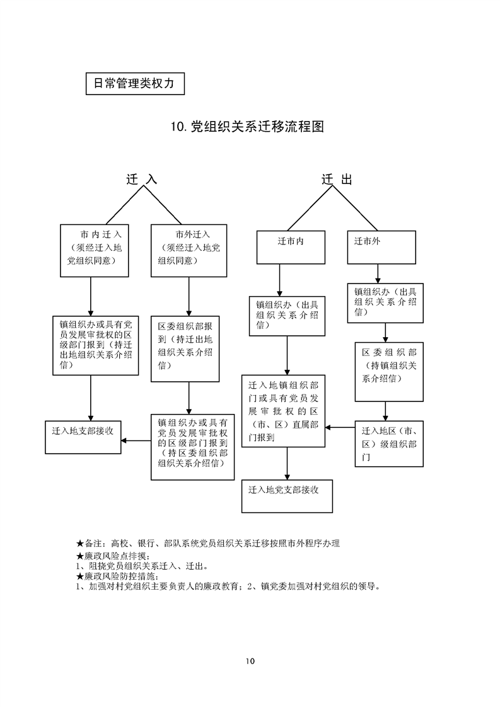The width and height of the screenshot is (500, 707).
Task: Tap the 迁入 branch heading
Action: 141,180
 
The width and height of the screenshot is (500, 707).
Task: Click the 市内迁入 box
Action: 95,250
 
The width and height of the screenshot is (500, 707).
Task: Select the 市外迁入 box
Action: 189,250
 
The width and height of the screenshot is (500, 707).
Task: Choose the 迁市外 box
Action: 382,247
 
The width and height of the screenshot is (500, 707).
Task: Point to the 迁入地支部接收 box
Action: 83,436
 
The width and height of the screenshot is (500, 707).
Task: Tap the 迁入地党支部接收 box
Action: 287,495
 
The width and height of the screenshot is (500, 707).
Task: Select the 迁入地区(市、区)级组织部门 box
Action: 388,443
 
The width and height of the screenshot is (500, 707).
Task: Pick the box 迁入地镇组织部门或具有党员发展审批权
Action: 284,411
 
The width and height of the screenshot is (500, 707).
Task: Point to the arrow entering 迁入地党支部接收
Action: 288,464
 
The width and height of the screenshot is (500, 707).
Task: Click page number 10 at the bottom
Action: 250,661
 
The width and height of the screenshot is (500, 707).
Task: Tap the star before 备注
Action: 79,543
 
